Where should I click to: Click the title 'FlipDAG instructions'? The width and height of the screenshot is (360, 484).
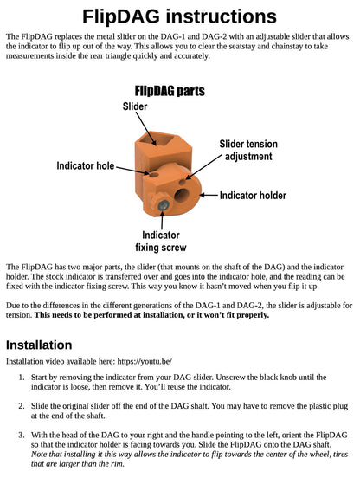[x=179, y=16]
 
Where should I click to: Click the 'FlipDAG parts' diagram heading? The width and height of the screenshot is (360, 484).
[x=170, y=91]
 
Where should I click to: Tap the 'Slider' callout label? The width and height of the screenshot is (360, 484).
[x=135, y=106]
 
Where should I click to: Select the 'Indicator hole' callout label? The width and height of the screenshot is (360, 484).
[x=86, y=165]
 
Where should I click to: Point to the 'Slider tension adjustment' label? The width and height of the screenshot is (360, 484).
[x=248, y=150]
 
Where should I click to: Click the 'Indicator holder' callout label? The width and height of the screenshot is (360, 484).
[x=253, y=196]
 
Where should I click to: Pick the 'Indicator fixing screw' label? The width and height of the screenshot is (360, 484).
[x=161, y=241]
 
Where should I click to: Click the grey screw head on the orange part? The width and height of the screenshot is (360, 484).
[x=164, y=205]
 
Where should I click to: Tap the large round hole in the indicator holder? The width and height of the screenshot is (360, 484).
[x=182, y=196]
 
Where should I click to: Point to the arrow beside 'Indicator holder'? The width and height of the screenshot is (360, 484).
[x=209, y=195]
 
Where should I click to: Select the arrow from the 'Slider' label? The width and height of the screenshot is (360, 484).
[x=146, y=129]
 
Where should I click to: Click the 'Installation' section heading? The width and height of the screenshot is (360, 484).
[x=39, y=345]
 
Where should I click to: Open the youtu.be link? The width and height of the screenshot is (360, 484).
[x=145, y=361]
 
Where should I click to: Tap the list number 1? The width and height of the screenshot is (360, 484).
[x=21, y=378]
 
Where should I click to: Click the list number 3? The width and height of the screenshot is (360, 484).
[x=21, y=435]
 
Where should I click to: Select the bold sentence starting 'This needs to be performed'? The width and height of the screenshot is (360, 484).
[x=151, y=315]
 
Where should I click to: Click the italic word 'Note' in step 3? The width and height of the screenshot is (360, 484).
[x=38, y=454]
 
